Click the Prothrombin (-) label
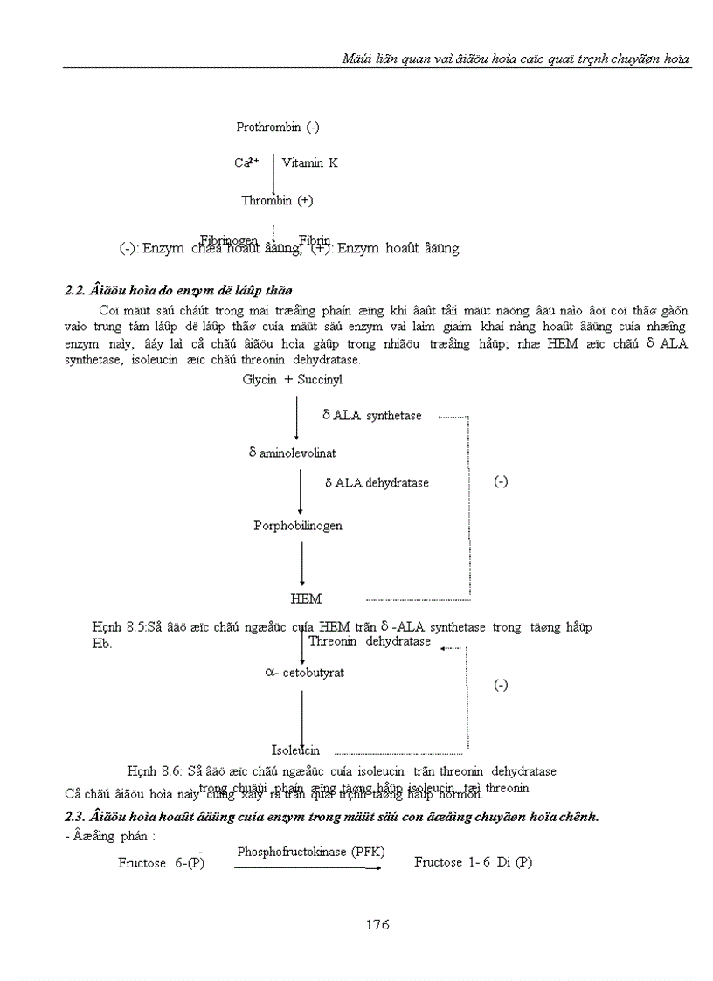[x=277, y=127]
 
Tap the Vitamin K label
[x=309, y=162]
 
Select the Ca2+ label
[x=246, y=162]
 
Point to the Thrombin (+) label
[x=277, y=200]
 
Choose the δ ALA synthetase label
[x=371, y=416]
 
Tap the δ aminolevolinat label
[x=292, y=453]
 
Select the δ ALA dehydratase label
[x=377, y=482]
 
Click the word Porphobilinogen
[x=297, y=526]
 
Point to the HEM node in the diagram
[x=306, y=599]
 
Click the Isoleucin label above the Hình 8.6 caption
[x=295, y=750]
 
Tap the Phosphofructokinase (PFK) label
[x=310, y=852]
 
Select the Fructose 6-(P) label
[x=162, y=862]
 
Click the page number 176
[x=376, y=924]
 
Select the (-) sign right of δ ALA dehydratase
[x=500, y=481]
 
